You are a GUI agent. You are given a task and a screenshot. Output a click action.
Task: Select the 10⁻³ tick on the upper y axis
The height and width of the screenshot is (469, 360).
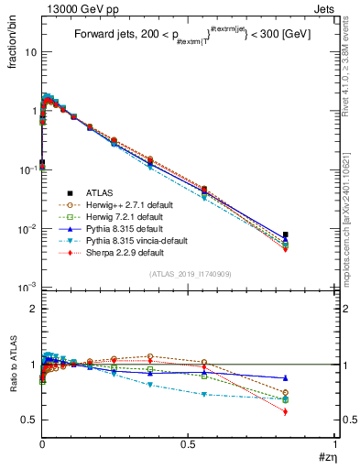click(27, 288)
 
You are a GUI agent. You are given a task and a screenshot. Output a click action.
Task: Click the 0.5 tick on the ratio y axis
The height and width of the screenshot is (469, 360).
click(29, 420)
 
